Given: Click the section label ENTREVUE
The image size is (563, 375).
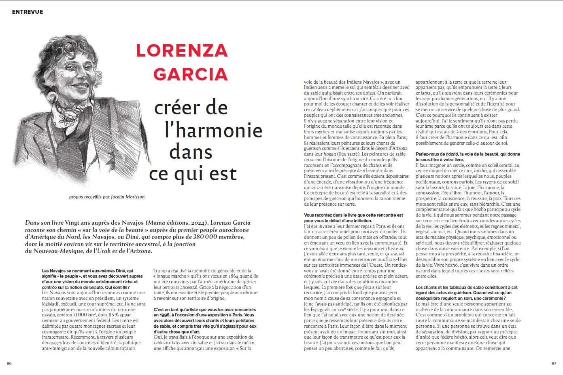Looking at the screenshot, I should tap(28, 12).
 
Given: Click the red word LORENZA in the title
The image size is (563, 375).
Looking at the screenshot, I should tap(182, 51).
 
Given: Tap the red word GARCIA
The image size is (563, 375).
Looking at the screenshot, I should tap(190, 74).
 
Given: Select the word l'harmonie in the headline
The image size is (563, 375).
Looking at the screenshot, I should tap(213, 130).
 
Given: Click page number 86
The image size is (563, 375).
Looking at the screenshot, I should tap(9, 363).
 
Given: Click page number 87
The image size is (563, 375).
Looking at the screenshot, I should tap(554, 363).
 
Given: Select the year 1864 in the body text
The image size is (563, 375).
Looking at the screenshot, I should tap(234, 276).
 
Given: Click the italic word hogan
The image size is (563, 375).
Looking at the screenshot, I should tap(330, 154).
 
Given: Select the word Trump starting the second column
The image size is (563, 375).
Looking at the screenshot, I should tap(160, 271).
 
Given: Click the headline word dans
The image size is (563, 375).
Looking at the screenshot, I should tap(190, 152).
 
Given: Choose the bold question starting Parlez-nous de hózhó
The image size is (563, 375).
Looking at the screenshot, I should tap(467, 157).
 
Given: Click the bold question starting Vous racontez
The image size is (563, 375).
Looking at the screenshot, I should tap(353, 218).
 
